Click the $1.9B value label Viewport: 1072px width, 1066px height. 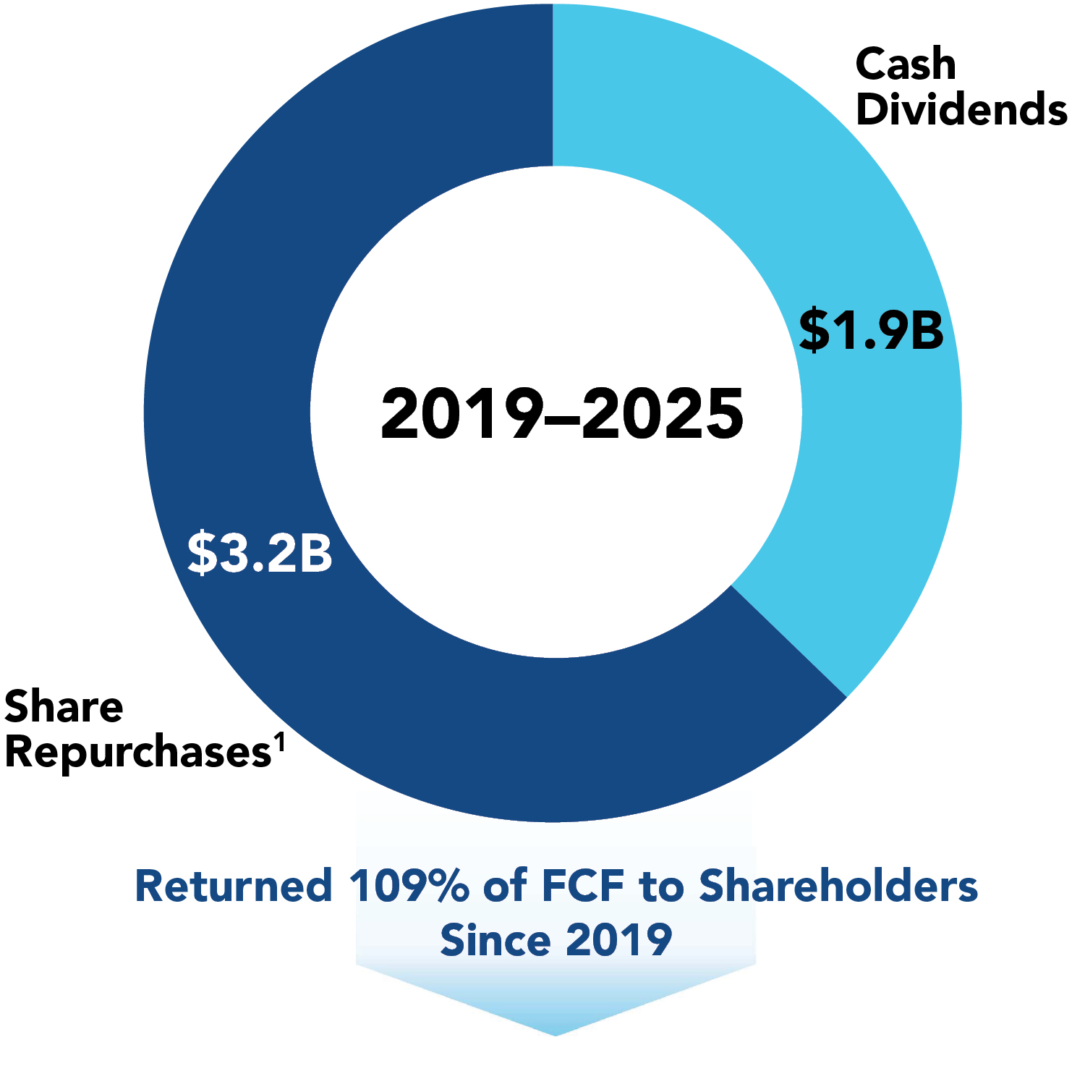tap(871, 330)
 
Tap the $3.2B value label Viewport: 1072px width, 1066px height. tap(260, 553)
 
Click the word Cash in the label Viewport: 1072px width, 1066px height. tap(906, 64)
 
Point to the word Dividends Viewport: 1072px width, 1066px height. tap(961, 109)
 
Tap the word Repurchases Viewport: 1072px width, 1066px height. tap(137, 753)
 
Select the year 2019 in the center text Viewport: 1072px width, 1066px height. tap(461, 414)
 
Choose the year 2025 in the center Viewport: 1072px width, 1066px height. tap(663, 414)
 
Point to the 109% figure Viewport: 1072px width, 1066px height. tap(409, 886)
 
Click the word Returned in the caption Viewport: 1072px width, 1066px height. tap(234, 886)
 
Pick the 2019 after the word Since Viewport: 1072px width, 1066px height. tap(619, 940)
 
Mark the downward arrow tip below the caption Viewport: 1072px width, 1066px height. tap(556, 1031)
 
